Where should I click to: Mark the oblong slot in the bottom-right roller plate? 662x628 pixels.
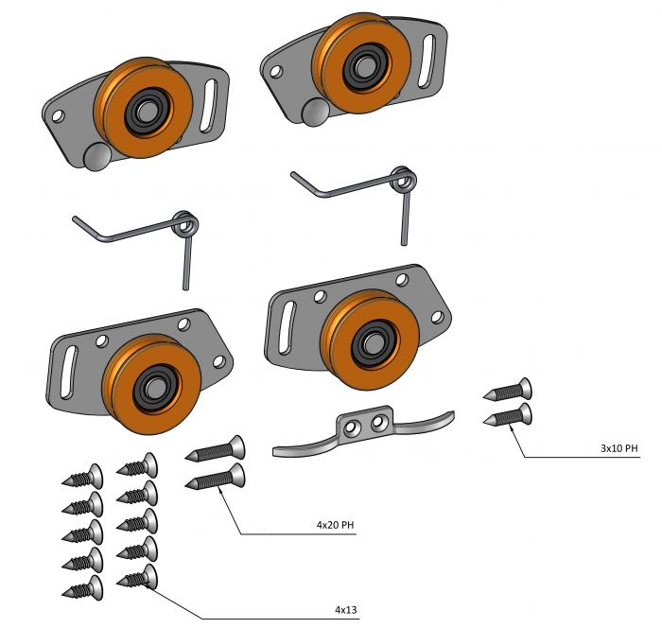click(x=287, y=327)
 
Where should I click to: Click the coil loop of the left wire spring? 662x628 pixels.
click(x=185, y=226)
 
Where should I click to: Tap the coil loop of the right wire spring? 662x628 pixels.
click(x=404, y=178)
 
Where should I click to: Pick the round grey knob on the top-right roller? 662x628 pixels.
click(x=314, y=113)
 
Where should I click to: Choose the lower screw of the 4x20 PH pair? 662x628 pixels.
click(x=217, y=477)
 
